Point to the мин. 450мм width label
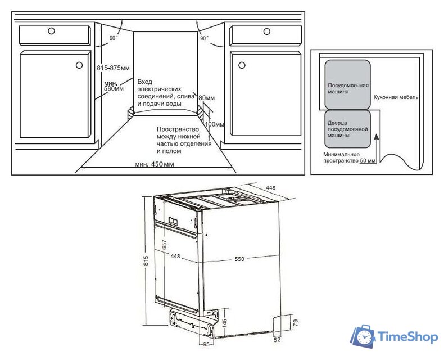[x=155, y=164]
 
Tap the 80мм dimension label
[x=206, y=97]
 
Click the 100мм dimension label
[x=215, y=124]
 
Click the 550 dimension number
[x=239, y=259]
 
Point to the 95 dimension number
[x=206, y=344]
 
